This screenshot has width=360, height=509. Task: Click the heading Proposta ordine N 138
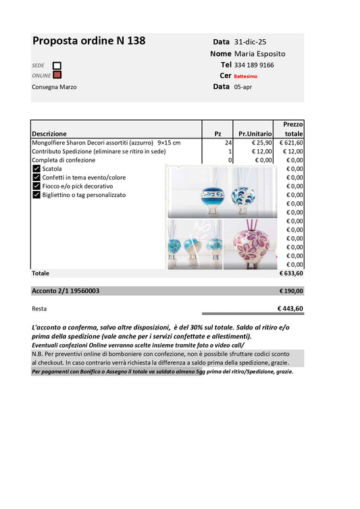point(88,41)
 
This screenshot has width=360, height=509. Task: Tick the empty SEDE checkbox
point(57,65)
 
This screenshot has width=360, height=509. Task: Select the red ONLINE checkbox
point(57,75)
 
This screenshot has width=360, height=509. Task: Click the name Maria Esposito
point(259,53)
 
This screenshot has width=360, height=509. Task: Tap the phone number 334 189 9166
point(254,65)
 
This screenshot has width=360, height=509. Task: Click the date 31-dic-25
point(250,42)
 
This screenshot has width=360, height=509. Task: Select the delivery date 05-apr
point(244,87)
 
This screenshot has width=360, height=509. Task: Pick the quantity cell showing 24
point(228,143)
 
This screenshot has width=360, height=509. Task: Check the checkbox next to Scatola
point(36,169)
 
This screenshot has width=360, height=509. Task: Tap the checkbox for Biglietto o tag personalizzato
point(36,195)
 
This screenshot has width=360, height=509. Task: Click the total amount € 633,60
point(291,274)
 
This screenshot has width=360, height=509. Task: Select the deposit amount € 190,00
point(291,291)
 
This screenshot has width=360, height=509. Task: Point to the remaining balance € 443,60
point(290,309)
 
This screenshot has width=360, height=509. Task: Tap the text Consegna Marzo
point(54,87)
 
